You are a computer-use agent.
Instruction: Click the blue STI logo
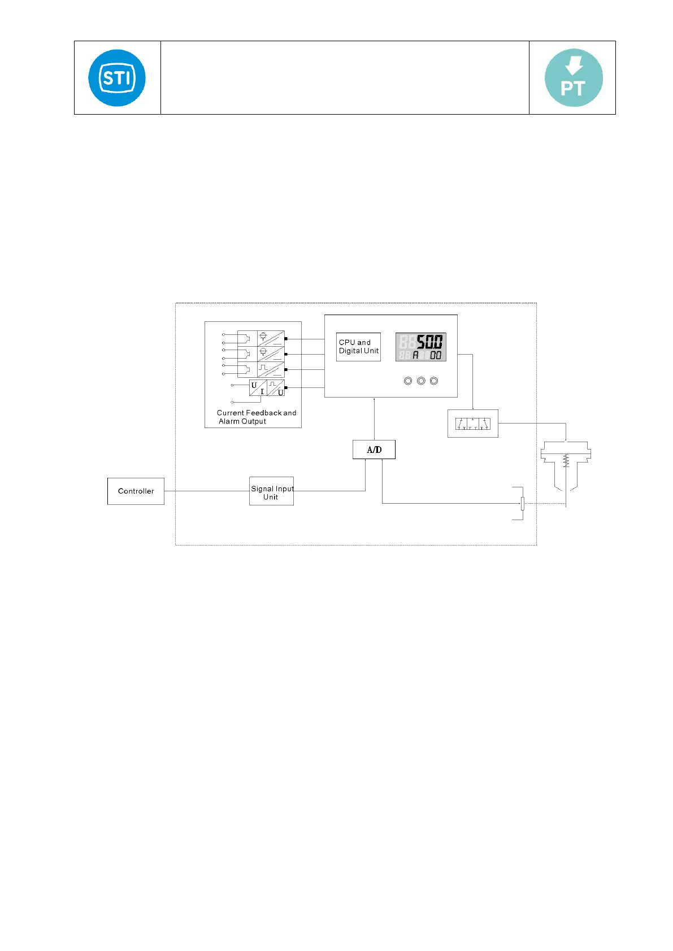(117, 78)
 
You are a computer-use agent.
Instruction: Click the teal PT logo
(574, 78)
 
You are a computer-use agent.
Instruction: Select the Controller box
(136, 491)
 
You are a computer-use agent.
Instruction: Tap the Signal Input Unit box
(271, 491)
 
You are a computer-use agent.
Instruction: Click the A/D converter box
(374, 450)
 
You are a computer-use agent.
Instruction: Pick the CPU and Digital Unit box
(358, 347)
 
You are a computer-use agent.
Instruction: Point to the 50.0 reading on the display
(429, 342)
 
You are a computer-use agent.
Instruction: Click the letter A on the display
(416, 355)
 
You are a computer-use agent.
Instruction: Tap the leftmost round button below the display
(408, 381)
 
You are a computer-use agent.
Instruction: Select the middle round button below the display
(421, 381)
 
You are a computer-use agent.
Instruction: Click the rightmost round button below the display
(434, 381)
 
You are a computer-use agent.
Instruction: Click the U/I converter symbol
(258, 388)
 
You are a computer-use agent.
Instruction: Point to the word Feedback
(264, 413)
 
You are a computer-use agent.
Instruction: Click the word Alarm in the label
(229, 421)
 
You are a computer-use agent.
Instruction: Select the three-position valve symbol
(473, 424)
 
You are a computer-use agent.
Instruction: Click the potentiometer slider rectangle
(523, 503)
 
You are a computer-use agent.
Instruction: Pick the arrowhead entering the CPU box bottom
(374, 400)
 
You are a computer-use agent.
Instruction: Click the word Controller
(136, 491)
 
